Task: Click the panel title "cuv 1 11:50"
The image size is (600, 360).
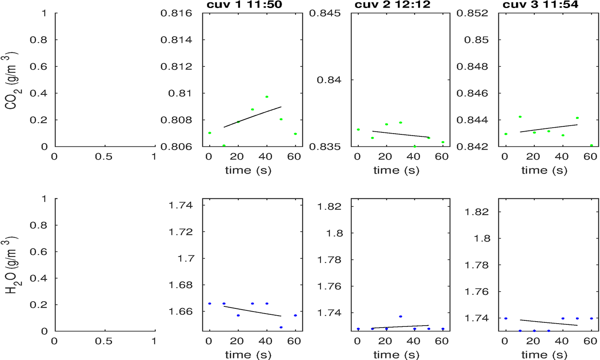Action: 244,5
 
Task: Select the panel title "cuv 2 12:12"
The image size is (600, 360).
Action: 392,5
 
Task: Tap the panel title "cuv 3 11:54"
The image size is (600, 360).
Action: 540,5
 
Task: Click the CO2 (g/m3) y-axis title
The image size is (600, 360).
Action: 11,80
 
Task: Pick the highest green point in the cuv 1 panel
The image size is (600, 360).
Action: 267,97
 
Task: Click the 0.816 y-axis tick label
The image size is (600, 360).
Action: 176,13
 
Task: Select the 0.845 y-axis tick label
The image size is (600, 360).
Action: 325,13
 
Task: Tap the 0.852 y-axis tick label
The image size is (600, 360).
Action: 472,13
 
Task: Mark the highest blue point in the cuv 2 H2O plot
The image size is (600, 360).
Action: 400,316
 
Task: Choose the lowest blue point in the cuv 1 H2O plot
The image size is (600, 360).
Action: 281,327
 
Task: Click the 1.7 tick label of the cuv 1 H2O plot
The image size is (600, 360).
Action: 186,258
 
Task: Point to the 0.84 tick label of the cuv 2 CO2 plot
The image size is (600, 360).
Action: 329,80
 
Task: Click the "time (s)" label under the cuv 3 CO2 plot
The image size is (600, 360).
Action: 544,170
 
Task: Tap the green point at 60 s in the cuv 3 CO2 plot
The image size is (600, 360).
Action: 591,145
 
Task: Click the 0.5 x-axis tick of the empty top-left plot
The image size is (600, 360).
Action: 104,157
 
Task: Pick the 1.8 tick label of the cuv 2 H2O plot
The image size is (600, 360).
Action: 334,233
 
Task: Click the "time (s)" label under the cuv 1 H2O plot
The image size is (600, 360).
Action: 248,355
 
